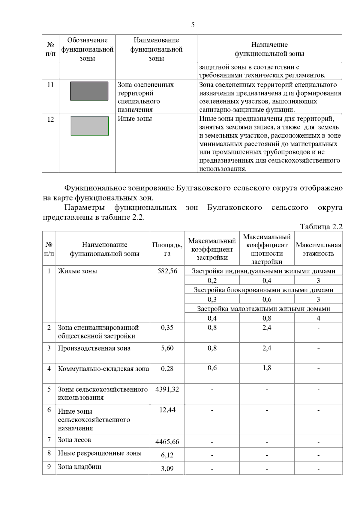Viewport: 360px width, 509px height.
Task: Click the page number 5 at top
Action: click(x=193, y=25)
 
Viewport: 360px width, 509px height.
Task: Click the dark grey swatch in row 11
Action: click(x=89, y=91)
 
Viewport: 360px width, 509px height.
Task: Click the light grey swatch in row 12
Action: click(x=89, y=126)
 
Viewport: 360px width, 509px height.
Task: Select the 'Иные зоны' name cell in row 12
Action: click(x=135, y=119)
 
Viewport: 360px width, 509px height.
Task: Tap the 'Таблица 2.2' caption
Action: click(x=321, y=227)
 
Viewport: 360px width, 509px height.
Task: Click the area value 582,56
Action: click(x=167, y=271)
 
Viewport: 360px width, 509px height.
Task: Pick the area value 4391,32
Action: click(x=167, y=389)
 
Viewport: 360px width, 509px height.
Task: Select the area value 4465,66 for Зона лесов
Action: click(x=167, y=442)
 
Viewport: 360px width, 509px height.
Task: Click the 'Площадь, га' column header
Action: click(x=167, y=249)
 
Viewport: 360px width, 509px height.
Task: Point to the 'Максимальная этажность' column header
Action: click(x=318, y=249)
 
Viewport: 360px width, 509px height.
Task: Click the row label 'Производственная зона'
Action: click(x=94, y=348)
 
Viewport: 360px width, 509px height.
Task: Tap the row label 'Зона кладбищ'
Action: click(x=79, y=467)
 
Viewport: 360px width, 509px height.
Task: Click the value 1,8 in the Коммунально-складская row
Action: click(x=267, y=368)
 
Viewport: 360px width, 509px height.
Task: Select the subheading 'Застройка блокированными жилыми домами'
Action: click(x=263, y=290)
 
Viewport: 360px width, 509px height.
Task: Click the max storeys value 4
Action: click(x=318, y=318)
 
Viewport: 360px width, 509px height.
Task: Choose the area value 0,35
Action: click(x=167, y=328)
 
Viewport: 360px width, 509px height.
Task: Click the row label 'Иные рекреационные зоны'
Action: click(x=100, y=453)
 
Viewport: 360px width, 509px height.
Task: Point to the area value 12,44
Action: click(x=167, y=410)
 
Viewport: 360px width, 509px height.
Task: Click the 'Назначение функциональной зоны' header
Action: click(x=269, y=49)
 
